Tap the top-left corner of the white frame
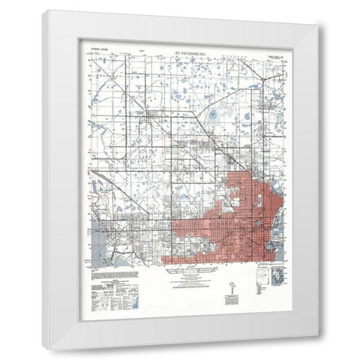(43, 10)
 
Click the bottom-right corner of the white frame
(317, 349)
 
